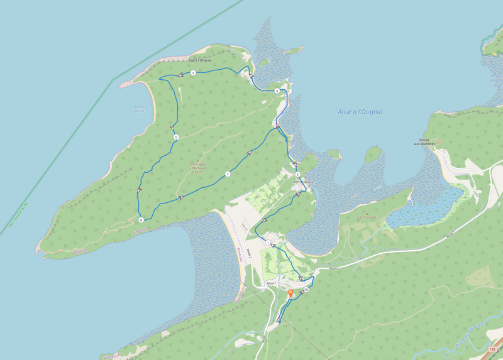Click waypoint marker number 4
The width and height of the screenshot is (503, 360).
tap(193, 74)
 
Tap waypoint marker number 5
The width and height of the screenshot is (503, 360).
tap(176, 137)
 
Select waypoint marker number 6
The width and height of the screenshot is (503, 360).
tap(141, 220)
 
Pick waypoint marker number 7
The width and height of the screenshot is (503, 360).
tap(228, 174)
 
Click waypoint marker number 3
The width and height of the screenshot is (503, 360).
tap(277, 91)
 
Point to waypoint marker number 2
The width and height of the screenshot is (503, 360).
tap(297, 174)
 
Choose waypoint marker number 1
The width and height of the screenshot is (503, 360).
tap(268, 243)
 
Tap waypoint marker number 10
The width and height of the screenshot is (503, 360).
tap(306, 290)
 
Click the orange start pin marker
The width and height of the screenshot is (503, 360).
tap(290, 293)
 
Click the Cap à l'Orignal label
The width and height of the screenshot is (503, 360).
tap(200, 60)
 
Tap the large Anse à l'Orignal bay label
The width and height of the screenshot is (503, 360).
tap(360, 112)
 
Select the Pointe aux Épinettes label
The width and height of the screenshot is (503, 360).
tap(424, 142)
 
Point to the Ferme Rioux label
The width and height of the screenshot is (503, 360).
tap(303, 182)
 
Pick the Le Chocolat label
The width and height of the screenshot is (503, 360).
tap(367, 217)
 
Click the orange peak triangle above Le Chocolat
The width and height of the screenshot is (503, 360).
tap(367, 212)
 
